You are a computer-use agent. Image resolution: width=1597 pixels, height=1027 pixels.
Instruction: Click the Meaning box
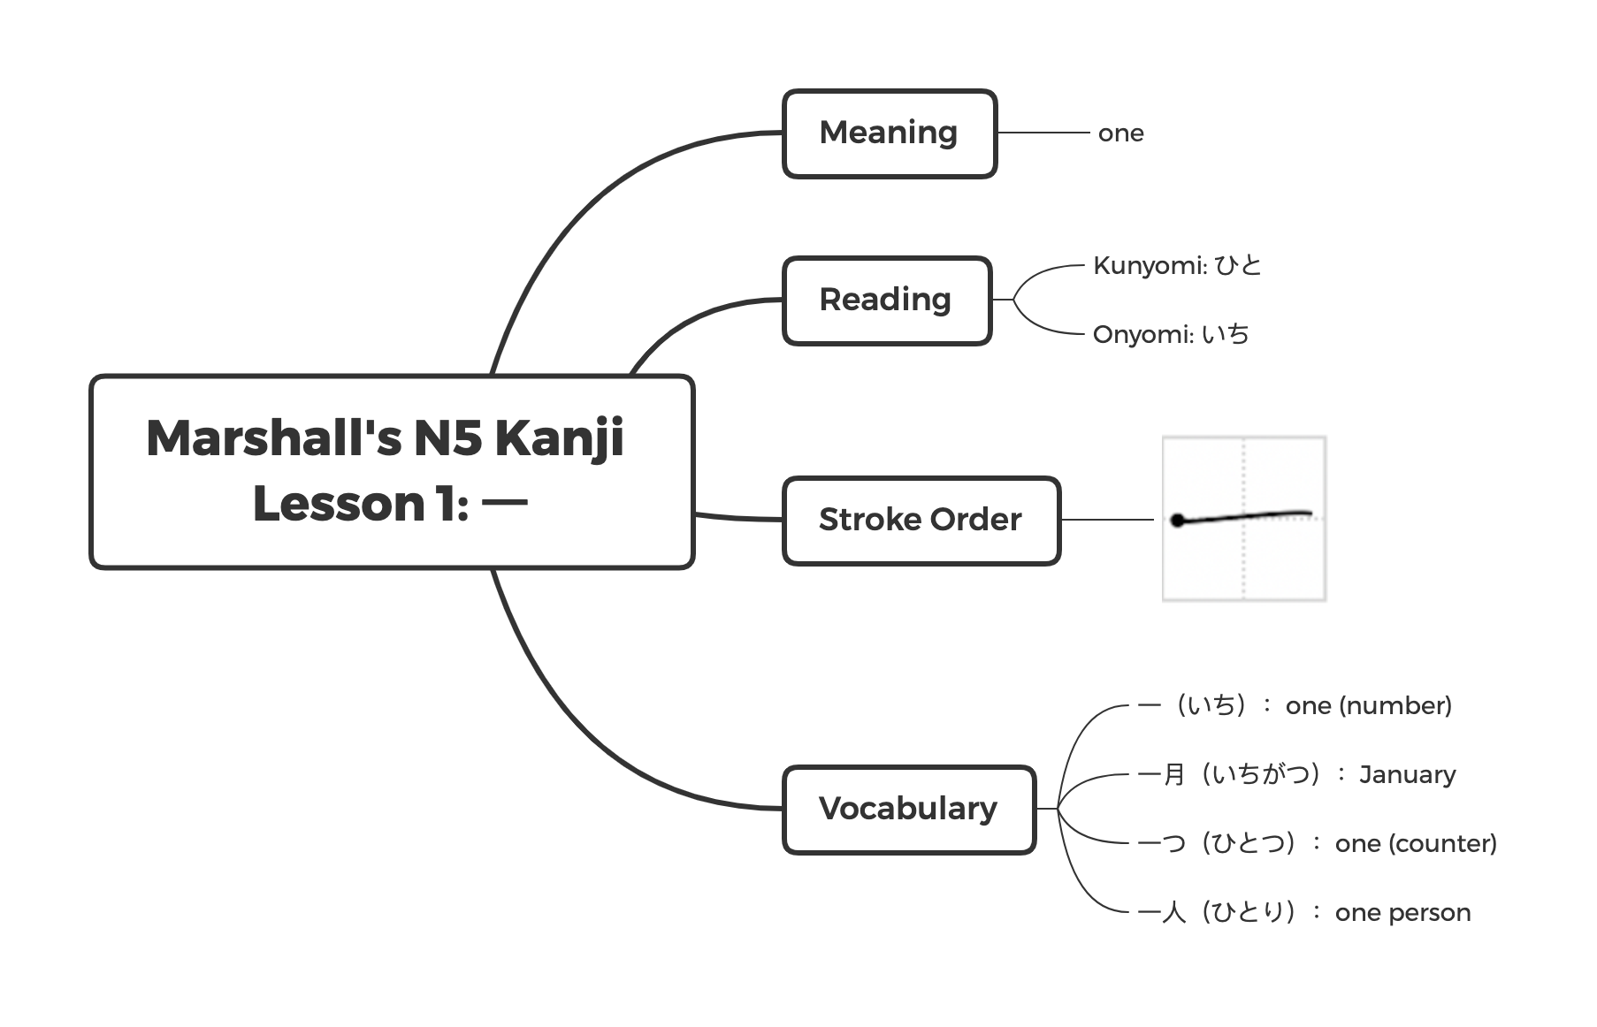(x=889, y=133)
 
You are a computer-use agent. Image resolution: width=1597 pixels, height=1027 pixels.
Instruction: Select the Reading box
(x=886, y=300)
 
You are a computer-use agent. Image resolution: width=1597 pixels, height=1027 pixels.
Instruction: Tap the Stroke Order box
(x=921, y=520)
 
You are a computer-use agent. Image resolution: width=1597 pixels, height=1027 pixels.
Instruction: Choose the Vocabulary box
(x=908, y=809)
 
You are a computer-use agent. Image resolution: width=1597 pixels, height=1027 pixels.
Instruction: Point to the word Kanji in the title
(x=559, y=438)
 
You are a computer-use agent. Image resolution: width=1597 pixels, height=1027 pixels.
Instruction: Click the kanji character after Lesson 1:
(x=505, y=504)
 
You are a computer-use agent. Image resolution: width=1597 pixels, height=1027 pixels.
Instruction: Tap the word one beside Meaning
(x=1120, y=133)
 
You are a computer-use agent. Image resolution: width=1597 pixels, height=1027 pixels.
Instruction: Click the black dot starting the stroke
(x=1178, y=521)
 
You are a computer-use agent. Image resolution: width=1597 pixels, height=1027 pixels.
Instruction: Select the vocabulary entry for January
(x=1296, y=774)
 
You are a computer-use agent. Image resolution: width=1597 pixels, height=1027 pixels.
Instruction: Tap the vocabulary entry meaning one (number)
(x=1295, y=705)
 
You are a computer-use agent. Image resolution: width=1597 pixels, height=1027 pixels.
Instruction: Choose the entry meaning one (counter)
(x=1317, y=843)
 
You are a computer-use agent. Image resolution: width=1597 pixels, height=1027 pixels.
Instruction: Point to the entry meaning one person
(x=1304, y=912)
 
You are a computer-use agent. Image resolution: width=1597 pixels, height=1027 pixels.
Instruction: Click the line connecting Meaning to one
(x=1043, y=133)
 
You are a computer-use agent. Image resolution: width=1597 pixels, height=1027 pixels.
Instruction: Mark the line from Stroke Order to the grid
(x=1107, y=520)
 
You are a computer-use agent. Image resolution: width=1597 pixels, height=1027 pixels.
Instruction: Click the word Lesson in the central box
(x=339, y=504)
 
